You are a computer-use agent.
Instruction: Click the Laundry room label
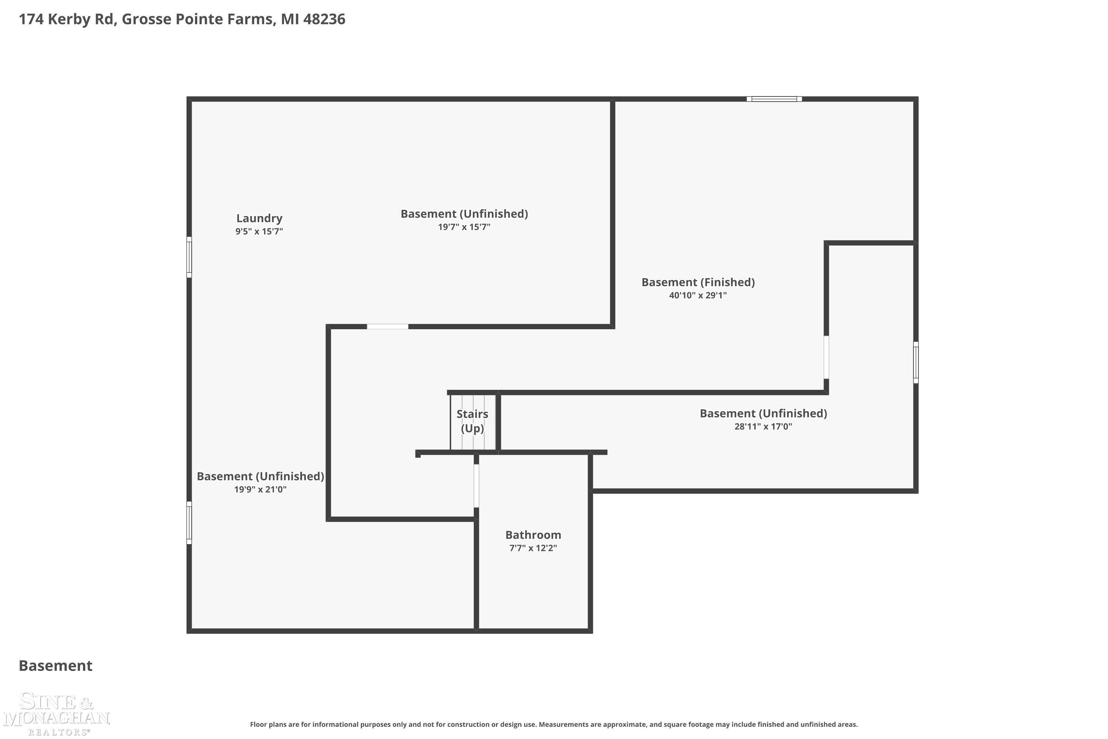click(259, 218)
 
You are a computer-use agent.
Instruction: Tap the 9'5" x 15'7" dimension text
click(259, 231)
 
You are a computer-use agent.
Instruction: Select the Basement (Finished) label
click(698, 282)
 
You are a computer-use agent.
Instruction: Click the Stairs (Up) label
click(472, 421)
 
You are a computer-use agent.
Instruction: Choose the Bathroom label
click(533, 535)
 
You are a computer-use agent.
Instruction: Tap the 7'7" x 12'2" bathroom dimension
click(533, 548)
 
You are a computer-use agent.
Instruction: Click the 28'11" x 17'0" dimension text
click(763, 426)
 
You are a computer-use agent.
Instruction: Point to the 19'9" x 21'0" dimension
click(260, 489)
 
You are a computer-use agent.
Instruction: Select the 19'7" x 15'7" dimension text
click(464, 227)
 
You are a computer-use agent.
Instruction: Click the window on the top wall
click(774, 99)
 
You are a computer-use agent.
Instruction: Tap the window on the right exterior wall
click(915, 362)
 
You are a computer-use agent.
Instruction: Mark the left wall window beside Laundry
click(189, 257)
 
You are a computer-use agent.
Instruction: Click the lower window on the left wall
click(189, 523)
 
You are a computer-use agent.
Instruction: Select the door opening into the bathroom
click(476, 486)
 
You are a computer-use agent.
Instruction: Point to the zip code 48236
click(324, 19)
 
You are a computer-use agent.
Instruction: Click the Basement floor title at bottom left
click(56, 665)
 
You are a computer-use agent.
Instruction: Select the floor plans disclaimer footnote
click(554, 724)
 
